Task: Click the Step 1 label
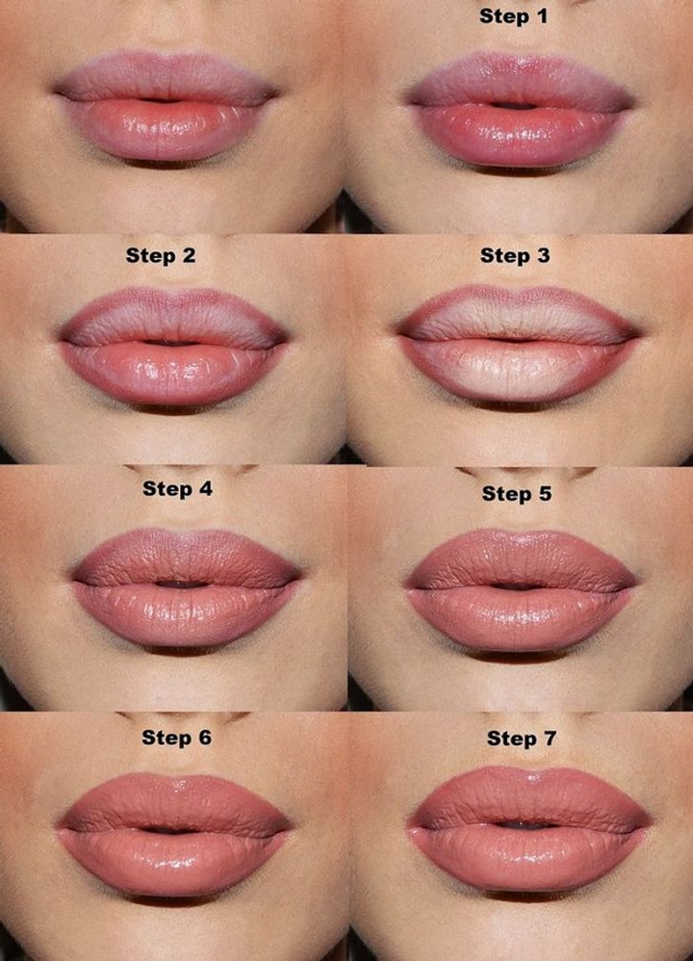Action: tap(513, 16)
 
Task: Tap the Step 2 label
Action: tap(161, 255)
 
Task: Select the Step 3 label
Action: tap(515, 255)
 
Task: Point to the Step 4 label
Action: tap(177, 488)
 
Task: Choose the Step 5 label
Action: tap(517, 493)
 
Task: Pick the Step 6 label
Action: tap(176, 738)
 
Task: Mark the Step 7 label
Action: tap(522, 739)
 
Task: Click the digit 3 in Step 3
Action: tap(543, 255)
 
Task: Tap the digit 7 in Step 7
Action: tap(550, 739)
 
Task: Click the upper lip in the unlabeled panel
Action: tap(166, 77)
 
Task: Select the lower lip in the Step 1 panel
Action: tap(520, 136)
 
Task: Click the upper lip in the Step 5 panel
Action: tap(521, 558)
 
